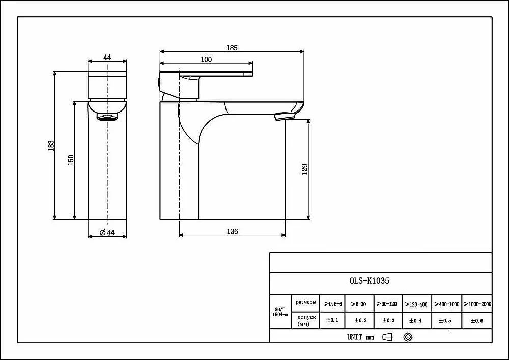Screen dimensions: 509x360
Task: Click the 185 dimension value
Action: (x=232, y=48)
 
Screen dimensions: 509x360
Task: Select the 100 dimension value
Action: (x=206, y=59)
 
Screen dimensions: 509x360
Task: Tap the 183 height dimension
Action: (x=51, y=146)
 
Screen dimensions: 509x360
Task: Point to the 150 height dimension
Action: (x=71, y=160)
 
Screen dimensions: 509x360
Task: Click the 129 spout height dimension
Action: (x=304, y=170)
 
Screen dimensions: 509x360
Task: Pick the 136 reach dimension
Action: (x=232, y=231)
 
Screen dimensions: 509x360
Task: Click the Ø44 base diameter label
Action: (x=107, y=232)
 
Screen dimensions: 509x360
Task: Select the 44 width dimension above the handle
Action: (x=107, y=58)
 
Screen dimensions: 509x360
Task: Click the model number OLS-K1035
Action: (x=369, y=281)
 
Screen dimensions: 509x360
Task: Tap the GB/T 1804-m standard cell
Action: (x=280, y=312)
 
